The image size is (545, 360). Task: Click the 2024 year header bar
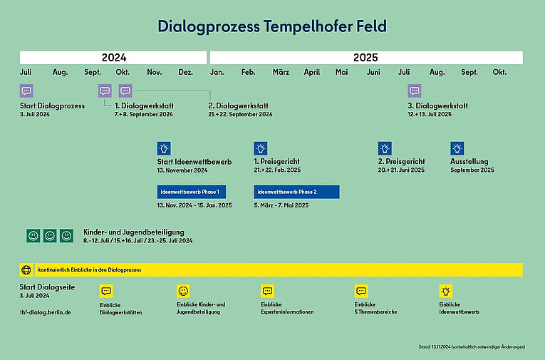coord(113,58)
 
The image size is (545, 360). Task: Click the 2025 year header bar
coord(365,58)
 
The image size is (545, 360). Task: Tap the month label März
coord(281,73)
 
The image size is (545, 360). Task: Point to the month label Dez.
coord(185,73)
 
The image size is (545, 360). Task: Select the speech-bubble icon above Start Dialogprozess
coord(26,91)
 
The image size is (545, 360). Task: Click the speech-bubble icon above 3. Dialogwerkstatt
coord(415,91)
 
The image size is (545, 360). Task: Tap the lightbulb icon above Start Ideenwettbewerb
coord(164,148)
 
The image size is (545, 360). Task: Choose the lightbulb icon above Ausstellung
coord(457,148)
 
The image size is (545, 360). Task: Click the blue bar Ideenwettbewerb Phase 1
coord(192,192)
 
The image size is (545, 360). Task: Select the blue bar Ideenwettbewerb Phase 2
coord(296,192)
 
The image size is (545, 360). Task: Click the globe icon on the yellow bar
coord(26,270)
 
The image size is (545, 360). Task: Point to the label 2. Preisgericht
coord(401,162)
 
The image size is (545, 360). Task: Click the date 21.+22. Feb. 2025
coord(279,170)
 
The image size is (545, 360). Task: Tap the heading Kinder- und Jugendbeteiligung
coord(134,232)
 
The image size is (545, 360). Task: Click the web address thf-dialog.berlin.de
coord(45,312)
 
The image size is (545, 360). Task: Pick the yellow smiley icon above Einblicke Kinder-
coord(183,291)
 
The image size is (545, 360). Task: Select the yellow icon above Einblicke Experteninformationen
coord(267,291)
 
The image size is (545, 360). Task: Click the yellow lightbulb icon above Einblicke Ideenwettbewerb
coord(446,291)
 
